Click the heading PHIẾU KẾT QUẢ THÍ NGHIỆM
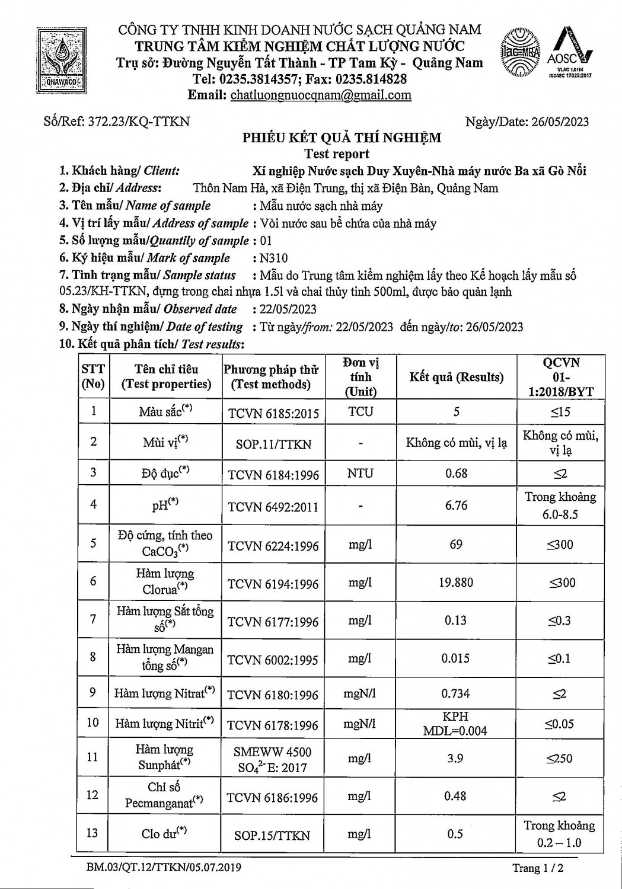click(342, 138)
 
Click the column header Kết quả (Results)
click(456, 377)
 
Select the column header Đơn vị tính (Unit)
click(361, 377)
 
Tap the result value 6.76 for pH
click(456, 505)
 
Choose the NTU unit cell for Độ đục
click(361, 474)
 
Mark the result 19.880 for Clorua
click(456, 582)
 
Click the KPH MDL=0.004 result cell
click(455, 724)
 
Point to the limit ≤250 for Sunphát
click(560, 758)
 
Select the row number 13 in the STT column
click(92, 833)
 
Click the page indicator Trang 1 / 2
click(537, 868)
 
